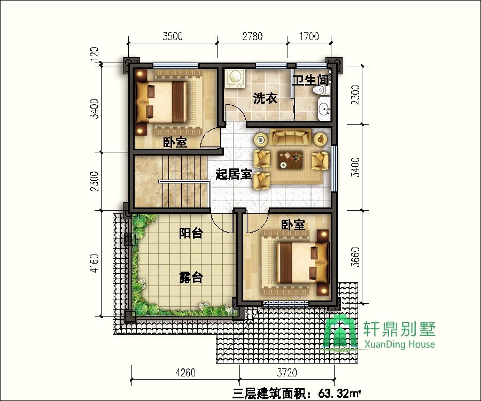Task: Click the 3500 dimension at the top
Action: pos(173,36)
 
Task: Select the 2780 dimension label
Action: pos(252,36)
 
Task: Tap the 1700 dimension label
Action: pos(309,36)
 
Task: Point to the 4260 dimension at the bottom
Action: pos(185,373)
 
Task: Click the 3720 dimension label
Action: pos(287,373)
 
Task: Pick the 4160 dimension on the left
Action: pos(95,263)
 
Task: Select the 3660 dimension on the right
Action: pos(355,257)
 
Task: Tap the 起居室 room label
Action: pos(234,174)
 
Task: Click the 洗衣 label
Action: pos(265,98)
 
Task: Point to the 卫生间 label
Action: pos(311,80)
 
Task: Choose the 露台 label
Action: pos(191,277)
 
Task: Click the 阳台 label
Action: pos(191,233)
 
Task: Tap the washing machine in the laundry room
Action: pos(235,78)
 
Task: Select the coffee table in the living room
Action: pos(290,160)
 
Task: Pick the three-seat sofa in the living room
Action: pos(290,137)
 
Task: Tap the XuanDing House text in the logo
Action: pos(399,344)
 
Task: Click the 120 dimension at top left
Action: pos(95,52)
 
